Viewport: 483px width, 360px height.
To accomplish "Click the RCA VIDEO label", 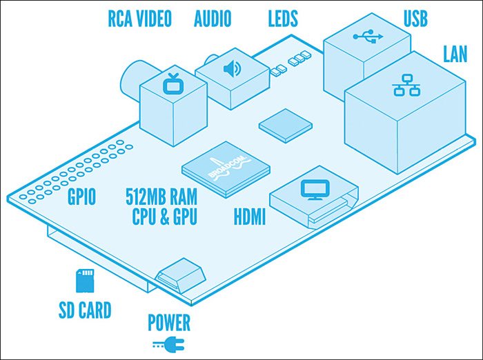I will coord(139,19).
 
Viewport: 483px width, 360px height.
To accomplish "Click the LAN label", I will coord(455,54).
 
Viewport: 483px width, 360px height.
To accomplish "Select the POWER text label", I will coord(169,321).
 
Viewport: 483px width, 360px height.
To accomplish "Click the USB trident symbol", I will coord(366,39).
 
